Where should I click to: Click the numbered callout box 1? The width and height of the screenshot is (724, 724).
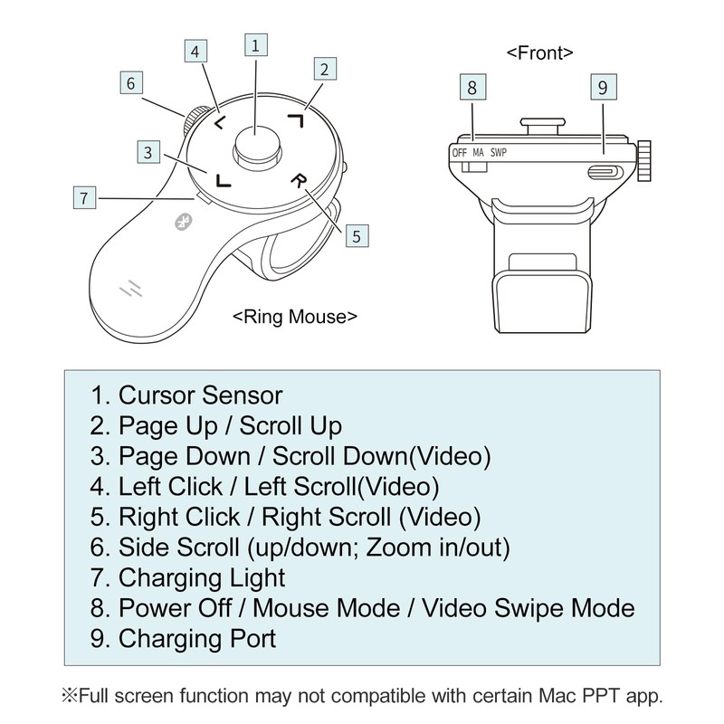(257, 45)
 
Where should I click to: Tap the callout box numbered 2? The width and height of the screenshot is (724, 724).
(326, 67)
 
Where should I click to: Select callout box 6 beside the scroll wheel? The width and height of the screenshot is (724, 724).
(131, 83)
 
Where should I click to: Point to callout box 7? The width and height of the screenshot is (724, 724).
(84, 197)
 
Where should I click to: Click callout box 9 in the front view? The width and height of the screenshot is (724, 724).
(603, 88)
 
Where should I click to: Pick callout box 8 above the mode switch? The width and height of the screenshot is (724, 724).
(472, 88)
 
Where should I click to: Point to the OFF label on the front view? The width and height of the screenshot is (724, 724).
(460, 153)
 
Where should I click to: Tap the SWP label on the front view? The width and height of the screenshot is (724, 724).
(499, 153)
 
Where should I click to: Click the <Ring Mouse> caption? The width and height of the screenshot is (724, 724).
(294, 317)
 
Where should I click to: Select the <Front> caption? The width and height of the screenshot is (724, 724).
(540, 52)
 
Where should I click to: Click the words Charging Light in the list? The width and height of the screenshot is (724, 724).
(202, 576)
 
